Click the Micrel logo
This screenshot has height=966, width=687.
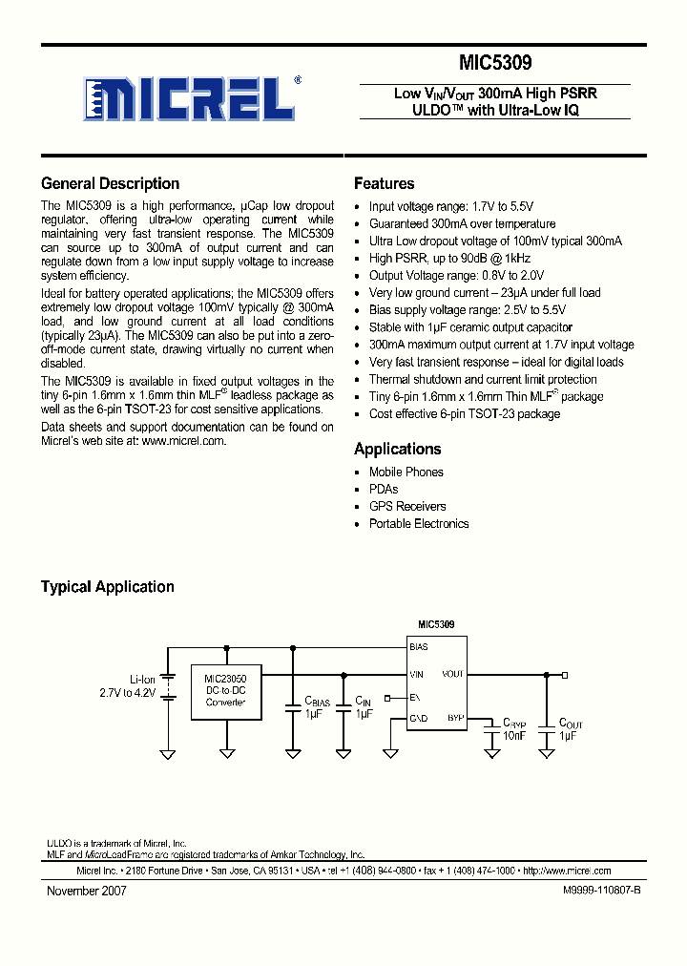coord(189,98)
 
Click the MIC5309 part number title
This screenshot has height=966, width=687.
coord(495,64)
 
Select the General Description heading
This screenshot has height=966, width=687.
coord(110,184)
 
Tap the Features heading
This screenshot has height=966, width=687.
coord(384,184)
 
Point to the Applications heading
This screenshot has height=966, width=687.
coord(397,449)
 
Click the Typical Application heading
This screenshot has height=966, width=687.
coord(107,587)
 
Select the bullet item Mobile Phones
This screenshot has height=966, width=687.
coord(406,472)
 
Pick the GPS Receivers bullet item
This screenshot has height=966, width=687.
coord(407,507)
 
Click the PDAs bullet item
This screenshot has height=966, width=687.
coord(384,490)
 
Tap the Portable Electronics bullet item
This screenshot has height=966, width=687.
coord(419,524)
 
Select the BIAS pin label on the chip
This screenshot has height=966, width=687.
coord(419,647)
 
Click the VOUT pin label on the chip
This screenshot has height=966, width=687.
coord(452,674)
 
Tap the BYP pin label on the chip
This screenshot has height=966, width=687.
coord(455,717)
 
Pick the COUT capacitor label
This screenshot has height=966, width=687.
coord(571,724)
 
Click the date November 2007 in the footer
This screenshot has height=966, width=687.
coord(86,891)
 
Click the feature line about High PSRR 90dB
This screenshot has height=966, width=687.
coord(448,259)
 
